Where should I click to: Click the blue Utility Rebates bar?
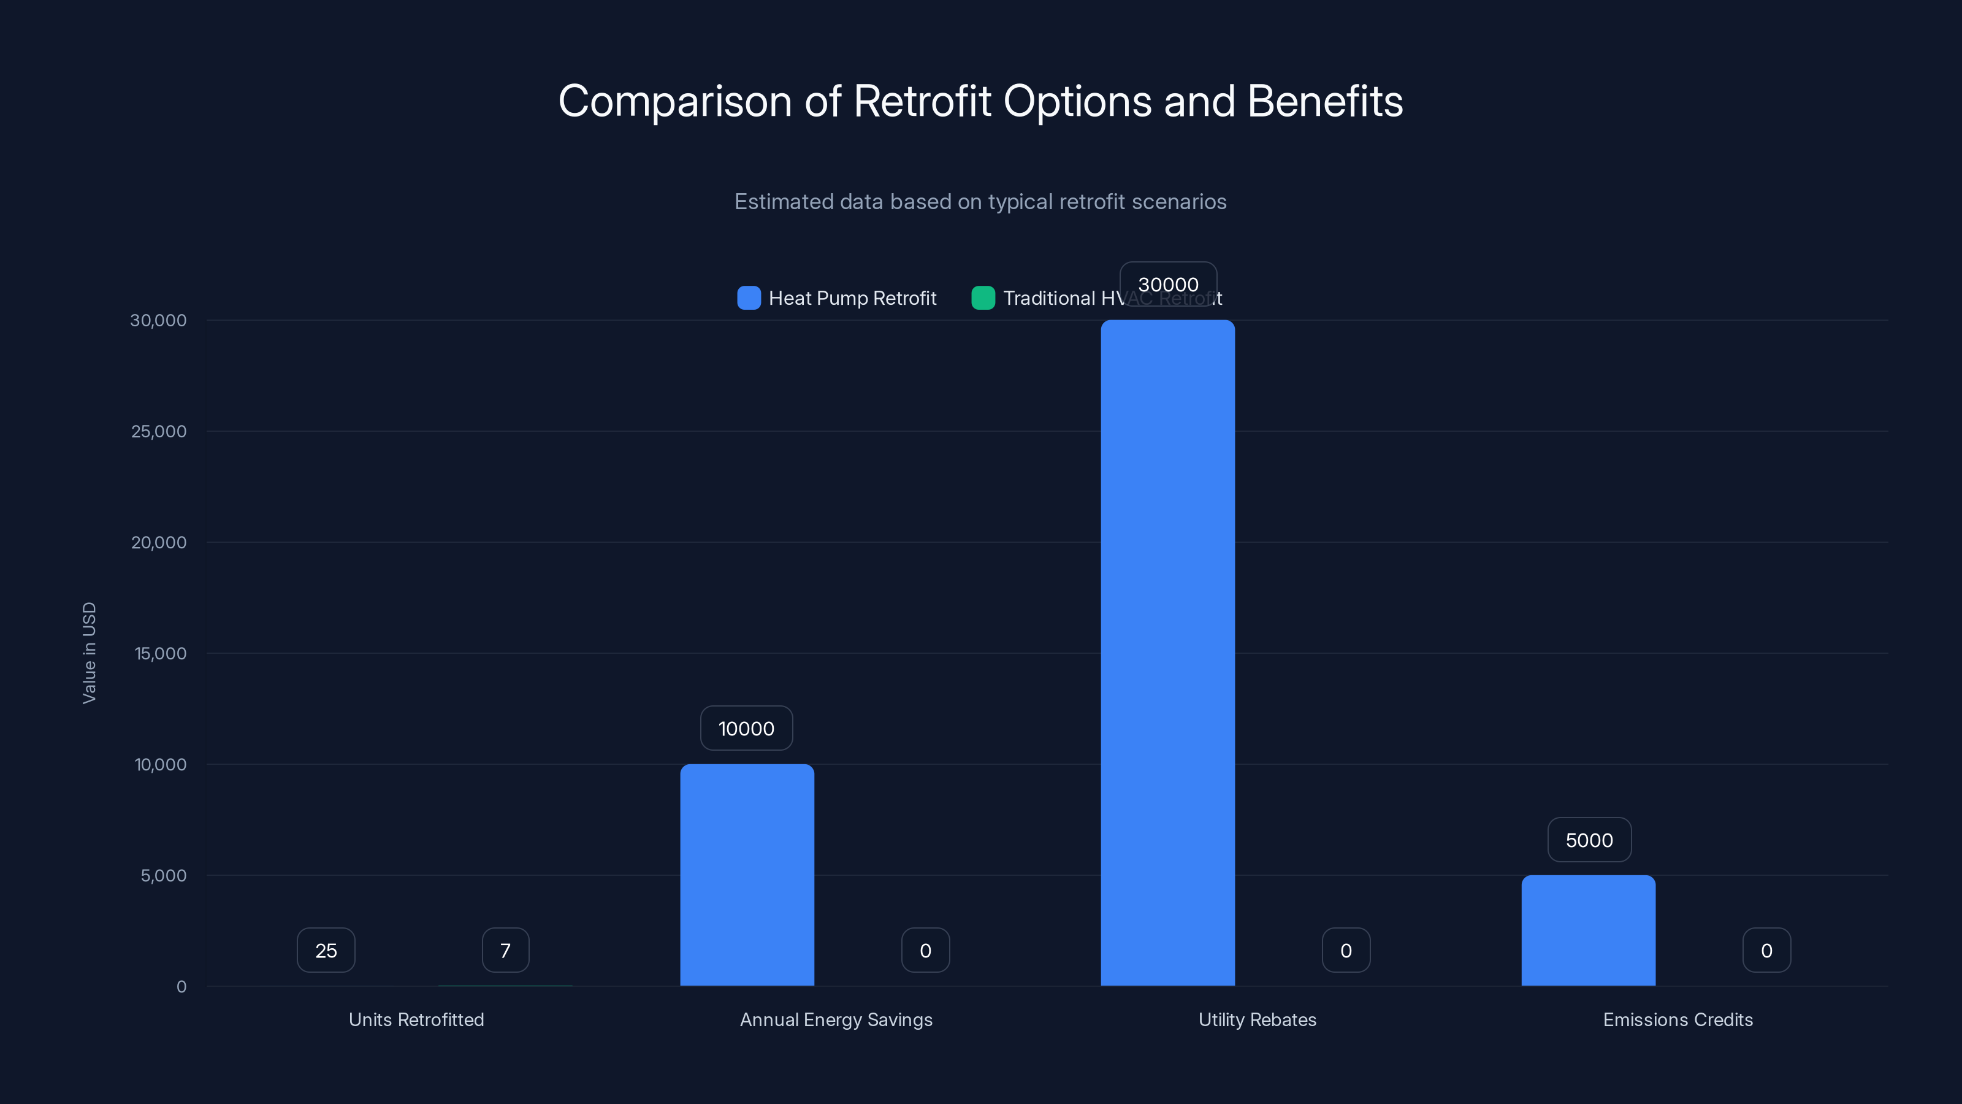1167,653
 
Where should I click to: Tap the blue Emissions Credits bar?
1588,930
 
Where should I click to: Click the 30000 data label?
1167,284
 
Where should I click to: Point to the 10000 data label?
746,729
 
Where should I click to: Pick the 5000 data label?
1589,840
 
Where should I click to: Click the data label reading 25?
326,950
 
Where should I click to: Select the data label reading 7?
505,950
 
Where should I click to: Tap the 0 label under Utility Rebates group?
1346,950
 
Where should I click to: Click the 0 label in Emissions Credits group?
1766,950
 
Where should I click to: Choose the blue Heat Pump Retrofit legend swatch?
749,298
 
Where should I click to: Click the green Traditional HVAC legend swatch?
982,298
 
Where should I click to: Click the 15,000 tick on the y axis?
160,653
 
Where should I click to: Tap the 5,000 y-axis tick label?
163,875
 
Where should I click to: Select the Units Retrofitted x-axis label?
416,1019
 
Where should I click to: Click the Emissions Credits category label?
1678,1019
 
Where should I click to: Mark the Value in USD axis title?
89,653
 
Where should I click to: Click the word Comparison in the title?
675,101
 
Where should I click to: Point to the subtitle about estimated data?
980,201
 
